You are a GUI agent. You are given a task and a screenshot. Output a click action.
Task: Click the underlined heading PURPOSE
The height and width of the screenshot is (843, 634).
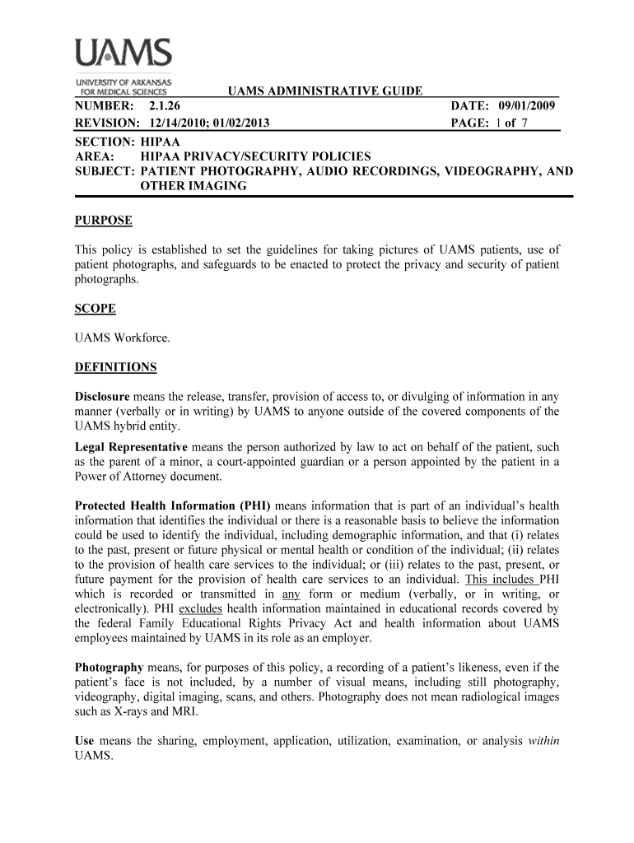104,221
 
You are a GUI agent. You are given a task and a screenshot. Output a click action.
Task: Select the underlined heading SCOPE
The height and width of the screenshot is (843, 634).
96,309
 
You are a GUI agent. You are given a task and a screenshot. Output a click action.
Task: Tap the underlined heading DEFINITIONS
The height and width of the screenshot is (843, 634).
115,367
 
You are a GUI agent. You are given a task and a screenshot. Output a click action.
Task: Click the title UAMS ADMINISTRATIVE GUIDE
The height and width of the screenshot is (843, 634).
325,91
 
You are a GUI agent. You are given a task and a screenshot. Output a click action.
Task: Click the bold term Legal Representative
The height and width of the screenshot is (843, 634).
132,447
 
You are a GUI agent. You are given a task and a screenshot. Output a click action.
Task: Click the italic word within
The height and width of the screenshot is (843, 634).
543,741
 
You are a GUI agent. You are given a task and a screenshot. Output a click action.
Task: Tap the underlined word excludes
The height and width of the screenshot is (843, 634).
201,609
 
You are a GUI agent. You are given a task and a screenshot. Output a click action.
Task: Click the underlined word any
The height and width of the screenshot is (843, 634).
291,594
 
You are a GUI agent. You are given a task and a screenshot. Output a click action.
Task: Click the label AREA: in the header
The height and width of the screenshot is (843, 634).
95,156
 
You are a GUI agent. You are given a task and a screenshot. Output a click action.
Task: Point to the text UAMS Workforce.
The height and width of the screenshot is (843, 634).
124,338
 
